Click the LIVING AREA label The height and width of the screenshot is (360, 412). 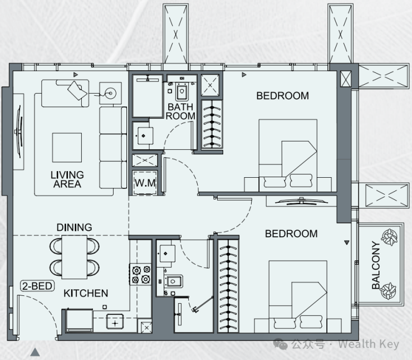[67, 179]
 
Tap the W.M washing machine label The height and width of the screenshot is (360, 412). [145, 183]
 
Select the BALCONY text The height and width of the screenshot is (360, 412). [376, 265]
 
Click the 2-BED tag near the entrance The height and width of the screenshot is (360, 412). [37, 286]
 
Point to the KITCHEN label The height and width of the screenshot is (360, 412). [86, 293]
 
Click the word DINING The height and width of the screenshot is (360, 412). [75, 227]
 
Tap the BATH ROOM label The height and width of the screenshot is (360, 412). [180, 111]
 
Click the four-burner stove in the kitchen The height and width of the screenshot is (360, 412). [140, 274]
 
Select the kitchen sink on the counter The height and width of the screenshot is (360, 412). [115, 322]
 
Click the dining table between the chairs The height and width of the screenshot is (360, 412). [75, 257]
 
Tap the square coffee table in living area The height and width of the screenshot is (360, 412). [67, 148]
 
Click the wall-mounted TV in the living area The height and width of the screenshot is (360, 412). [19, 132]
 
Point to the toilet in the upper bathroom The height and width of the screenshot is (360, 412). [182, 92]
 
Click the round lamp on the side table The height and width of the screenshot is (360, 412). [110, 93]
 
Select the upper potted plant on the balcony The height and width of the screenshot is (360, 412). [389, 237]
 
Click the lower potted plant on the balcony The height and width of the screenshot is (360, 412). [389, 291]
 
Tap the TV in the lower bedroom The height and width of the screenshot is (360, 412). [301, 201]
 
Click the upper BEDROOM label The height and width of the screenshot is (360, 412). [282, 96]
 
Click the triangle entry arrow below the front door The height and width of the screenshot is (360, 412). [35, 352]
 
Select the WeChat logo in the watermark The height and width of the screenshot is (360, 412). [281, 344]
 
